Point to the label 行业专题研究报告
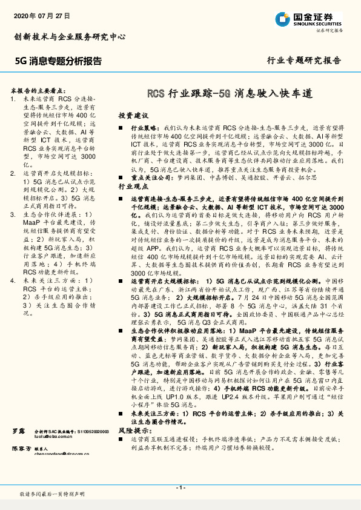point(304,61)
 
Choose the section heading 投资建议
point(133,115)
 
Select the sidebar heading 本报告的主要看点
point(39,88)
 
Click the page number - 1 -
point(180,488)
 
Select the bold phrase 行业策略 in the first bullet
point(144,129)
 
